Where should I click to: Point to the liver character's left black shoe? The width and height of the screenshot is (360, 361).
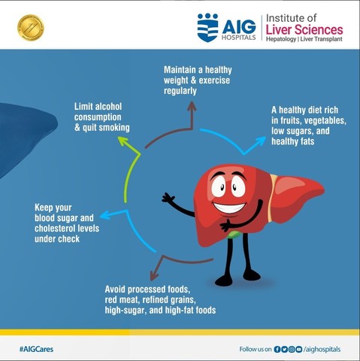point(224,281)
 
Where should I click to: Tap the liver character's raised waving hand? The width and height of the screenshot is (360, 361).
point(168,199)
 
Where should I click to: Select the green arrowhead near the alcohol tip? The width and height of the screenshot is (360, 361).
point(135,149)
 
